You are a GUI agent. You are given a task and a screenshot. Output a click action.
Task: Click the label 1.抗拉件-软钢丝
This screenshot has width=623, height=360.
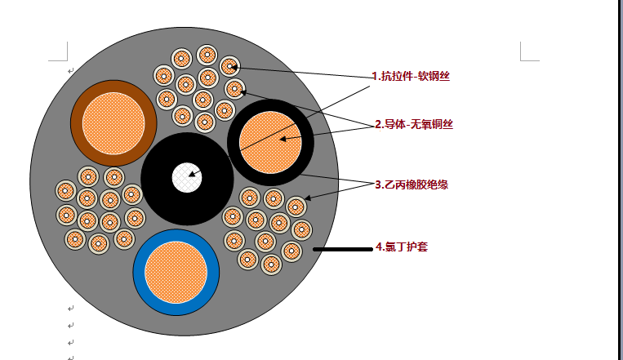point(411,76)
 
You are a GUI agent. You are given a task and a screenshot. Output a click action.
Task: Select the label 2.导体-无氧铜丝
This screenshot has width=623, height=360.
point(413,124)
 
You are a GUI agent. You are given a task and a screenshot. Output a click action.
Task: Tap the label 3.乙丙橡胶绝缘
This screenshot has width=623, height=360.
point(411,184)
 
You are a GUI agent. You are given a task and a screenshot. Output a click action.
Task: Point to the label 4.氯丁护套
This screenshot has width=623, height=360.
point(400,246)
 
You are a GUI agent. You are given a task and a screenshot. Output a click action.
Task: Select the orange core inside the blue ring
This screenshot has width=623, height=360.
point(176,273)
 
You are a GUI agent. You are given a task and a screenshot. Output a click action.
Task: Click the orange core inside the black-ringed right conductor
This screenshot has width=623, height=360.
point(270,142)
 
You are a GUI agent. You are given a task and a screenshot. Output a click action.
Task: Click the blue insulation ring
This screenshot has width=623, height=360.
point(140,273)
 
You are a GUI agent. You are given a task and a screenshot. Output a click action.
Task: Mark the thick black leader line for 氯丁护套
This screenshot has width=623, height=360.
point(341,249)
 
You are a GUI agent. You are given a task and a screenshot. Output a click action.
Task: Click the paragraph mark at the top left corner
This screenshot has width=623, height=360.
point(71,71)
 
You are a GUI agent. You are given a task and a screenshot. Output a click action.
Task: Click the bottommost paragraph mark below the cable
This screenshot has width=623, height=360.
point(71,356)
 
